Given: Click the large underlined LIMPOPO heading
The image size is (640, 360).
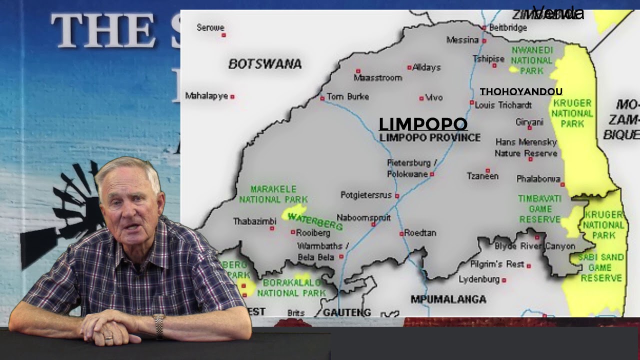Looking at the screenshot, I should [423, 124].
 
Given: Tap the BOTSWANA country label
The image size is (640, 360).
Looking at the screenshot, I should [265, 64].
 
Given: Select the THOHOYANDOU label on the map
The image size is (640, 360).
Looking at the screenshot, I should [521, 91].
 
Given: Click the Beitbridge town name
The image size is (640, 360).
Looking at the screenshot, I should [507, 27].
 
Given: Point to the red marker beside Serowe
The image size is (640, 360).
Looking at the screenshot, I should [224, 35].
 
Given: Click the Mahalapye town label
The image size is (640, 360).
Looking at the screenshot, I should [206, 96].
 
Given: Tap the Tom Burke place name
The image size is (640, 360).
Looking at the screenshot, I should [347, 96].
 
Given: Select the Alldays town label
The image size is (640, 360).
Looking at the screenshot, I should [426, 67].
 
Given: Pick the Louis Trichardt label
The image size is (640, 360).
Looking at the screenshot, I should [503, 105].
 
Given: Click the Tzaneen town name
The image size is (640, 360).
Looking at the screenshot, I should [482, 176].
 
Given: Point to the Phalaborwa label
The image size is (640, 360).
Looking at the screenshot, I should [538, 178].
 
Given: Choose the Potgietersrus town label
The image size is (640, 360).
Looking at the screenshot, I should [366, 195].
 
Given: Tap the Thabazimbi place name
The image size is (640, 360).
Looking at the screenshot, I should [254, 221].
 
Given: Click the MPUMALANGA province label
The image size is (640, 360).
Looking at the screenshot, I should [448, 299].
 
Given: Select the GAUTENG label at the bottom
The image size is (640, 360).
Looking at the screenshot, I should [347, 312].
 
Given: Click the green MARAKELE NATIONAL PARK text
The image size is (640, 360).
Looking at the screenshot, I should [273, 194].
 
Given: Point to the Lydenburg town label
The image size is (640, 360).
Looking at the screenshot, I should [479, 279].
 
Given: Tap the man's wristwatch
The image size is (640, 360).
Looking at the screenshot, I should [158, 324].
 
